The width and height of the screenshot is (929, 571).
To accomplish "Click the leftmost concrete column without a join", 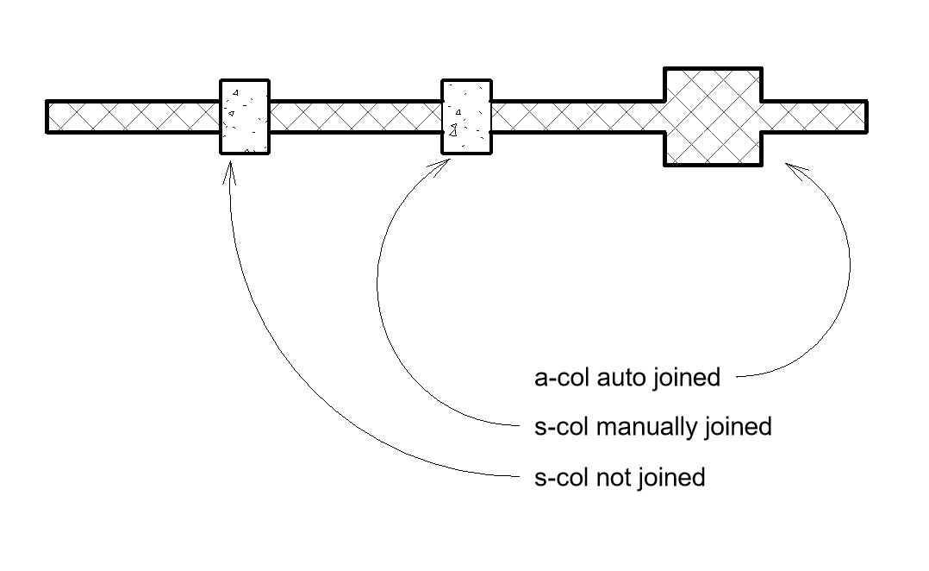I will tap(245, 116).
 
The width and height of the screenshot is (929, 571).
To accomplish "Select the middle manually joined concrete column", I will tap(466, 116).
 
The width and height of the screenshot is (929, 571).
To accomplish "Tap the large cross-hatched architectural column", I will tap(712, 116).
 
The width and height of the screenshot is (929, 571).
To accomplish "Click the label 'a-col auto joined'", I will tap(627, 378).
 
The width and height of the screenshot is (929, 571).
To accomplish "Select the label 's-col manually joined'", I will tap(652, 427).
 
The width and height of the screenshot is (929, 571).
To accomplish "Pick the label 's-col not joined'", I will tap(620, 477).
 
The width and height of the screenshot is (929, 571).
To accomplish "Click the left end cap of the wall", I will tap(47, 117).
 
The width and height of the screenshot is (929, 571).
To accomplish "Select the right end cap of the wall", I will tap(865, 116).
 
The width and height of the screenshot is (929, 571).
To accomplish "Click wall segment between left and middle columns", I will tap(355, 116).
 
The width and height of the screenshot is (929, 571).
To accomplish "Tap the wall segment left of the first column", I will tap(134, 116).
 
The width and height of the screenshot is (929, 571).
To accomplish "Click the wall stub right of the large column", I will tap(814, 116).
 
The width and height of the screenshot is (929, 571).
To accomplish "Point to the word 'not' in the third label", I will tap(614, 477).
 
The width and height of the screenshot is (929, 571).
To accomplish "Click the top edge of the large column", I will tap(712, 68).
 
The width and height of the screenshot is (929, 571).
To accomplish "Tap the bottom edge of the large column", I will tap(712, 164).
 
